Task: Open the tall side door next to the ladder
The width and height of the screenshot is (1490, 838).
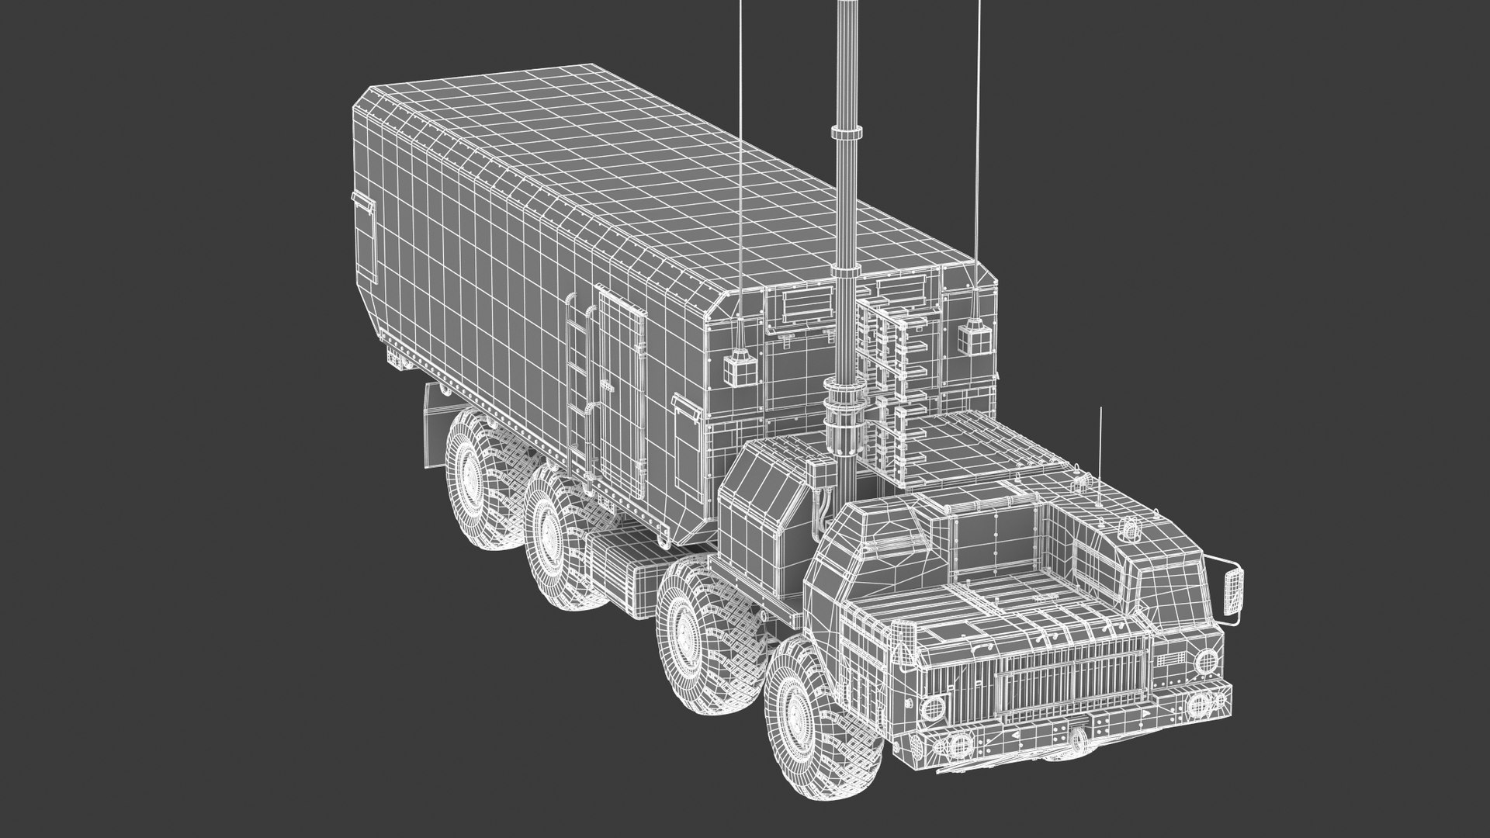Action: [x=622, y=388]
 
